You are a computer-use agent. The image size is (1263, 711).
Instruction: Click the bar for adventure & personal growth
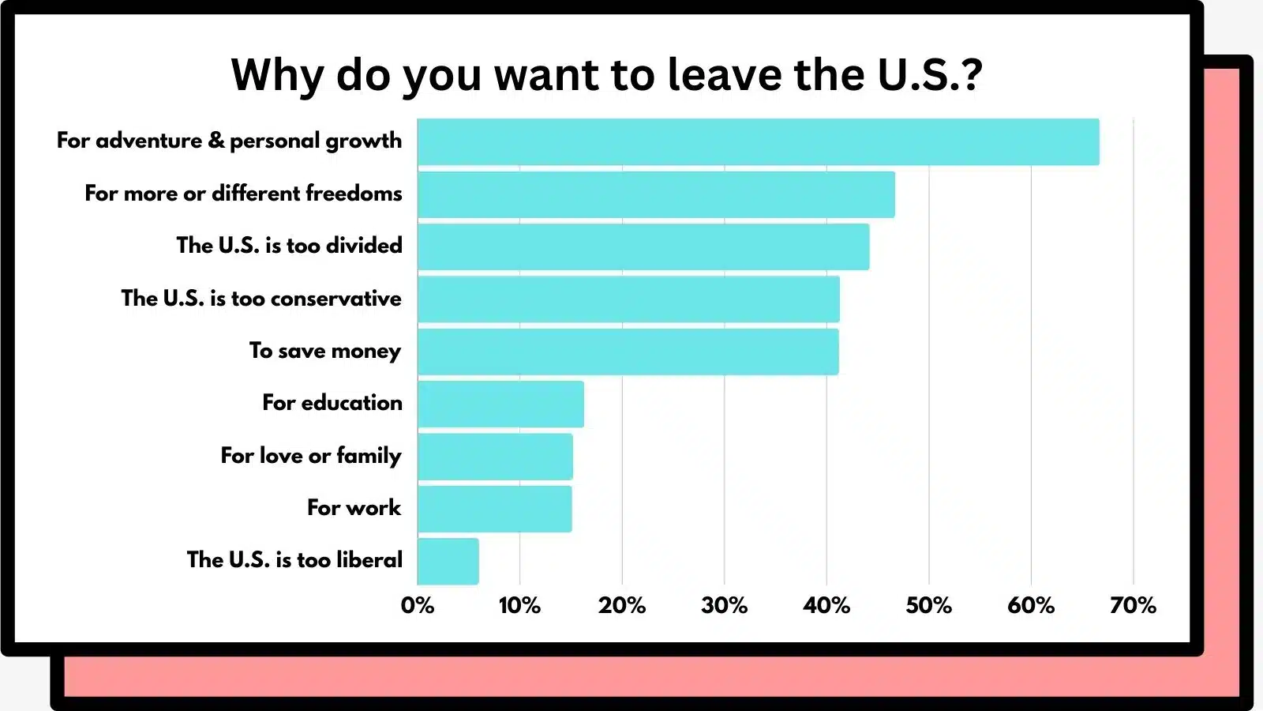pyautogui.click(x=758, y=142)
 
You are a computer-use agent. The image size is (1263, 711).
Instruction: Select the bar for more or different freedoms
pyautogui.click(x=656, y=194)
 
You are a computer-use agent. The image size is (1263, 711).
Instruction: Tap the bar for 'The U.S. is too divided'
pyautogui.click(x=643, y=246)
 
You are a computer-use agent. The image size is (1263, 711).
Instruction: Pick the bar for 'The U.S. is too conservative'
pyautogui.click(x=628, y=299)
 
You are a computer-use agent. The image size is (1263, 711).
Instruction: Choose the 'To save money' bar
pyautogui.click(x=628, y=352)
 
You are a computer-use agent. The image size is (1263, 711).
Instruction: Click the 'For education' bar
pyautogui.click(x=500, y=404)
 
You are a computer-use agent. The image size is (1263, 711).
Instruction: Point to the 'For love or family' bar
pyautogui.click(x=495, y=457)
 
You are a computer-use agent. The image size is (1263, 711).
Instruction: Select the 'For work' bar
pyautogui.click(x=494, y=509)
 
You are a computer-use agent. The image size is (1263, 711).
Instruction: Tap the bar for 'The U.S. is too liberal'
pyautogui.click(x=448, y=561)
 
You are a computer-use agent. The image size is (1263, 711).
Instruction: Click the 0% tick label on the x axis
pyautogui.click(x=417, y=605)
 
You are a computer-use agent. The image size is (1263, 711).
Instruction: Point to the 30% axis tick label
pyautogui.click(x=724, y=605)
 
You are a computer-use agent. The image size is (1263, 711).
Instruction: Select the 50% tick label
pyautogui.click(x=928, y=605)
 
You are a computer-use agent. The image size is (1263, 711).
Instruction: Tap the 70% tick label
pyautogui.click(x=1133, y=605)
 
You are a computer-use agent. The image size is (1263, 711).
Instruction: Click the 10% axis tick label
pyautogui.click(x=519, y=605)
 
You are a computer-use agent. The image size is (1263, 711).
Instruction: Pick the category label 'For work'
pyautogui.click(x=354, y=507)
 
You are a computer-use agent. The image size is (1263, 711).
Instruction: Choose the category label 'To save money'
pyautogui.click(x=324, y=351)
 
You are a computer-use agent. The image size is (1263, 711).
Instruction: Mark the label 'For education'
pyautogui.click(x=332, y=403)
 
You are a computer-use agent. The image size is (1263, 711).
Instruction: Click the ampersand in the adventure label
pyautogui.click(x=215, y=141)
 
